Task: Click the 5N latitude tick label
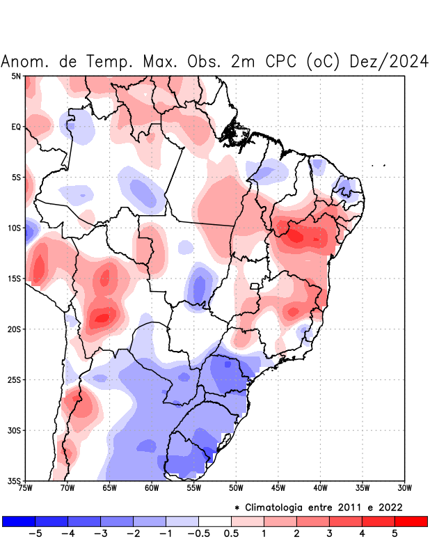click(15, 76)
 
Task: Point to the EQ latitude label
click(15, 127)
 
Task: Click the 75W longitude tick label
click(26, 488)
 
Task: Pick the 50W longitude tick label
click(236, 488)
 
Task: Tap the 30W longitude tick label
click(404, 488)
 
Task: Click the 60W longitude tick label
click(152, 488)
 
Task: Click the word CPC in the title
click(282, 61)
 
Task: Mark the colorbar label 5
click(394, 533)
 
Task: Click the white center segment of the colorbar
click(214, 521)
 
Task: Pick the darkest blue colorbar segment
click(19, 521)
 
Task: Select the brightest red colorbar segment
click(411, 521)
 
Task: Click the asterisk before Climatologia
click(238, 507)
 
